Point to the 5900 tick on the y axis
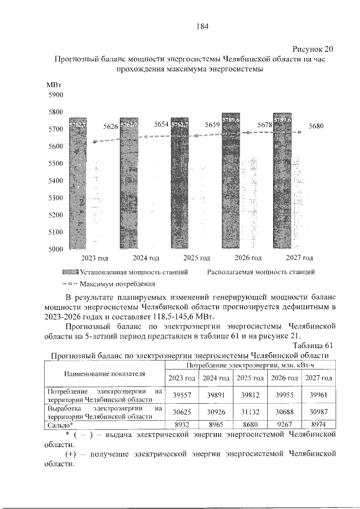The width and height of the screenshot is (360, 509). tap(56, 95)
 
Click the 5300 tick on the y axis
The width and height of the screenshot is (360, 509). tap(56, 198)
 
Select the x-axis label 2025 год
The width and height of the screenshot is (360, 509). tap(197, 258)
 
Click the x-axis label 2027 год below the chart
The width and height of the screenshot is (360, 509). tap(299, 258)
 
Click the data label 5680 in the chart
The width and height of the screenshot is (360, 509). tap(316, 127)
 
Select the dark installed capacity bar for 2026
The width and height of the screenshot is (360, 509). tap(231, 180)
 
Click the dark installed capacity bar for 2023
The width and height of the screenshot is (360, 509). tap(77, 186)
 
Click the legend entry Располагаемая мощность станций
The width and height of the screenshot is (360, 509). tap(260, 271)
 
